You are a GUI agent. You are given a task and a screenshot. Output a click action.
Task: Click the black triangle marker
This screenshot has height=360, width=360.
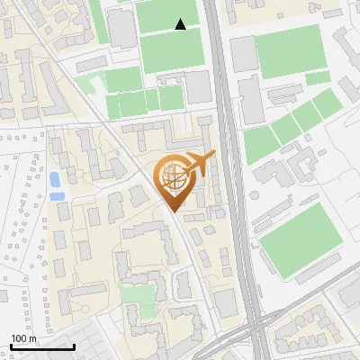click(x=181, y=25)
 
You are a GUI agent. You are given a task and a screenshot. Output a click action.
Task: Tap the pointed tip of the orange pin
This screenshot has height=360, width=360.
click(x=175, y=210)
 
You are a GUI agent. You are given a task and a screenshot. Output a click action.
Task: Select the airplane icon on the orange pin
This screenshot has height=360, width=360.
click(x=200, y=165)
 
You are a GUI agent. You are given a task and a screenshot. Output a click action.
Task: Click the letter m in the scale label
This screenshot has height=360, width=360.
click(x=33, y=338)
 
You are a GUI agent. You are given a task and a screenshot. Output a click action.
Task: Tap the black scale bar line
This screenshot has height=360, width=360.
click(x=41, y=346)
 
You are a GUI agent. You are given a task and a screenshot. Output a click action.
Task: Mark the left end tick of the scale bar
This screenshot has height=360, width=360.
click(x=10, y=345)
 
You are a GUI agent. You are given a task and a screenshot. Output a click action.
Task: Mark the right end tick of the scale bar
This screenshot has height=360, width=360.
click(x=74, y=345)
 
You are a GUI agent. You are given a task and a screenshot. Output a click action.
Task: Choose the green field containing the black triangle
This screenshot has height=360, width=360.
click(x=169, y=36)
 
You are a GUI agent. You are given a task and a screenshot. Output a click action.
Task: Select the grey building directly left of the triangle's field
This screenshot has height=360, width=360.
click(x=123, y=27)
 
